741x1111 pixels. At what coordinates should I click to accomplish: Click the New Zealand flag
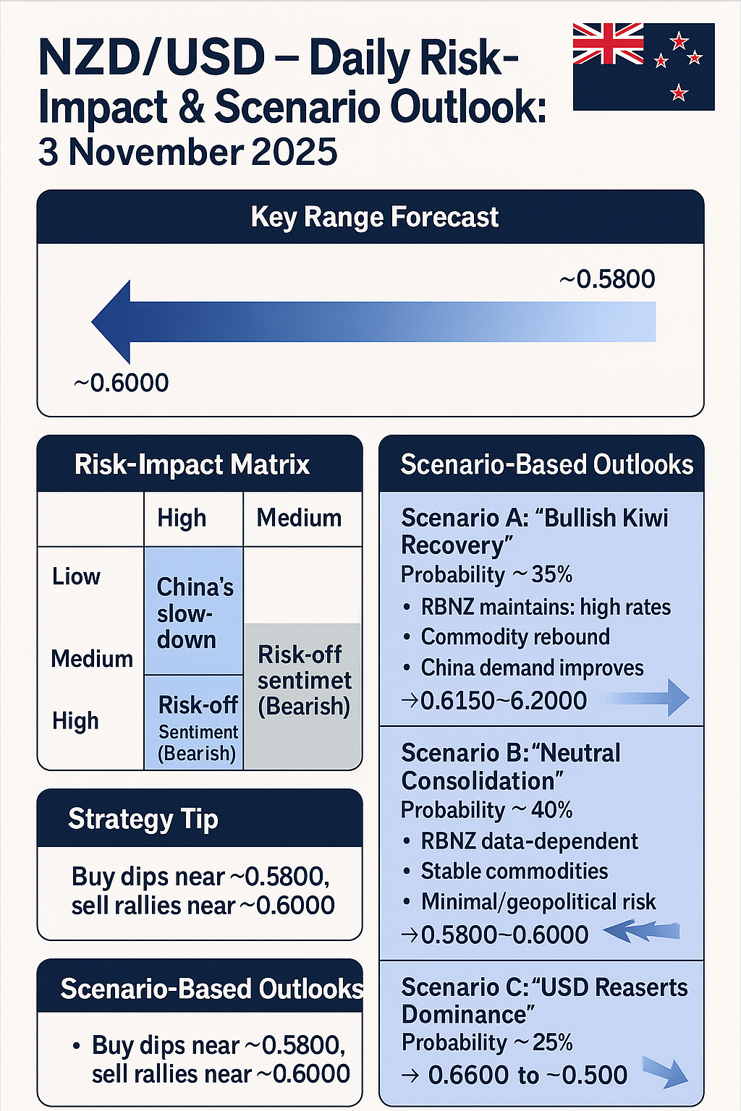coord(643,67)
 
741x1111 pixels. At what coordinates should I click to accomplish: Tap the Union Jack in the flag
coord(608,44)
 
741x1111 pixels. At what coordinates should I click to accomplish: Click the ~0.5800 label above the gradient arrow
coord(607,278)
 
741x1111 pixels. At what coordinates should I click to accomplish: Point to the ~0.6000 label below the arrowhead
coord(121,383)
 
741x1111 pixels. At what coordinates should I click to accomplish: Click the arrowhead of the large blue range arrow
coord(113,322)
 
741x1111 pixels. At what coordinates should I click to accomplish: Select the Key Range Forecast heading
coord(374,217)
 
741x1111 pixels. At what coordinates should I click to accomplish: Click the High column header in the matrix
coord(182,518)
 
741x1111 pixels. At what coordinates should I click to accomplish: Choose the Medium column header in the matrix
coord(299,518)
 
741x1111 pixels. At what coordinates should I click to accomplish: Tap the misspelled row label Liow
coord(76,576)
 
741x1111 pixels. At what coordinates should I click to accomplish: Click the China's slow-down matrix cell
coord(194,612)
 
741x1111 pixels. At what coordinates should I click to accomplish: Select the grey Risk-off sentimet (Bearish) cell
coord(303,680)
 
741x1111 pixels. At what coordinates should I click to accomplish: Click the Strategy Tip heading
coord(143,819)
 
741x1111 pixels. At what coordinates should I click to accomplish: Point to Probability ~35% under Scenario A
coord(486,574)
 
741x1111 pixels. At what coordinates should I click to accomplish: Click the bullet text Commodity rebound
coord(515,637)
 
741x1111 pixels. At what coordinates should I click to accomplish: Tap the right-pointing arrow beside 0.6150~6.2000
coord(646,698)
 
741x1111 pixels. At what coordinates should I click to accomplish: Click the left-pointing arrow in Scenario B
coord(640,931)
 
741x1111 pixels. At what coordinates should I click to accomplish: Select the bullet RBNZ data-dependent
coord(529,841)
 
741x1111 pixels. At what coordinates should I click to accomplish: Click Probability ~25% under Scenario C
coord(486,1042)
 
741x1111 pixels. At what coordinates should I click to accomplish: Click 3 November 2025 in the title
coord(187,152)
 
